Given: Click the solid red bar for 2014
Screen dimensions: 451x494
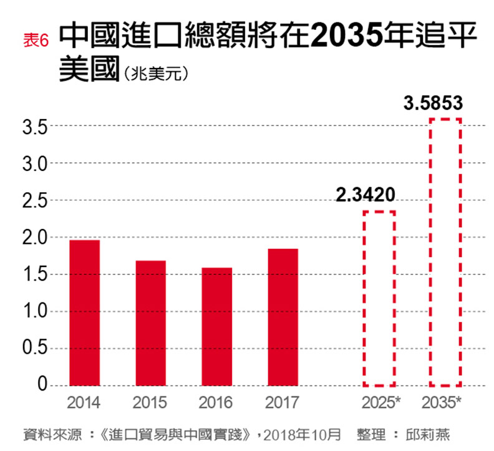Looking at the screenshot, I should (x=84, y=313).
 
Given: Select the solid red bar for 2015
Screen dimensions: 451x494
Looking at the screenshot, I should (x=150, y=323).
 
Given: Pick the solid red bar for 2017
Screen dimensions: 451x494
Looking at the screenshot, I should (x=283, y=317).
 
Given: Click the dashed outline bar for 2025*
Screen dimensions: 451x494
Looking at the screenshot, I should (x=379, y=298).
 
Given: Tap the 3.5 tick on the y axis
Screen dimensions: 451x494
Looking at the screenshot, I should (x=34, y=127).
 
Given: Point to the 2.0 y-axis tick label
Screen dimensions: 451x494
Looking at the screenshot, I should (x=34, y=238).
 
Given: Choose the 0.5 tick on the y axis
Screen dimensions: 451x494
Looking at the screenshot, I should (x=34, y=349).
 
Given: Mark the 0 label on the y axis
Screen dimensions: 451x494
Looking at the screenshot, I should (x=42, y=386).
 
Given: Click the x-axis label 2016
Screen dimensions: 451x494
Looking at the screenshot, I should (x=216, y=402).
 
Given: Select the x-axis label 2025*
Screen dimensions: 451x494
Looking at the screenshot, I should (x=380, y=402).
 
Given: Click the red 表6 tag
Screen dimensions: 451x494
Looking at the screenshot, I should (x=36, y=41).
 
